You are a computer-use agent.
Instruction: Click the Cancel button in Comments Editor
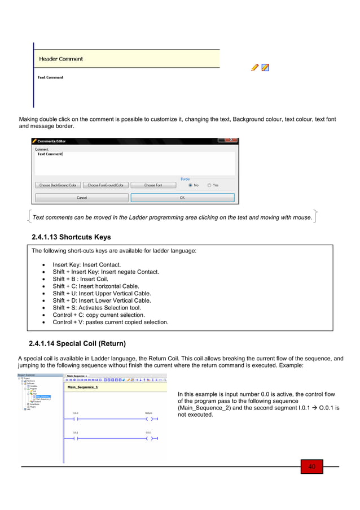pyautogui.click(x=82, y=198)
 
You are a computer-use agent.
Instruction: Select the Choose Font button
pyautogui.click(x=153, y=185)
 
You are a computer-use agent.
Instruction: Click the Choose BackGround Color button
pyautogui.click(x=58, y=185)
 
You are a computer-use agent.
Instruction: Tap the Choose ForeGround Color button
pyautogui.click(x=106, y=185)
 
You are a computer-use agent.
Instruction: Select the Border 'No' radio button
pyautogui.click(x=190, y=185)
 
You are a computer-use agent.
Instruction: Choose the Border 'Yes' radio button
pyautogui.click(x=209, y=185)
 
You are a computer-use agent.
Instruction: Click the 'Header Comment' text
pyautogui.click(x=61, y=59)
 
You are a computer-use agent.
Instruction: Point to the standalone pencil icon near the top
pyautogui.click(x=254, y=67)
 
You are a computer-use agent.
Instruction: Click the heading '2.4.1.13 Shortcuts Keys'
pyautogui.click(x=72, y=237)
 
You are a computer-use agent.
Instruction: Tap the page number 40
pyautogui.click(x=311, y=467)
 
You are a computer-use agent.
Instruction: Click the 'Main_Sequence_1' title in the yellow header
pyautogui.click(x=82, y=387)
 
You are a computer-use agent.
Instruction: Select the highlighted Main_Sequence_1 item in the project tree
pyautogui.click(x=42, y=396)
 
